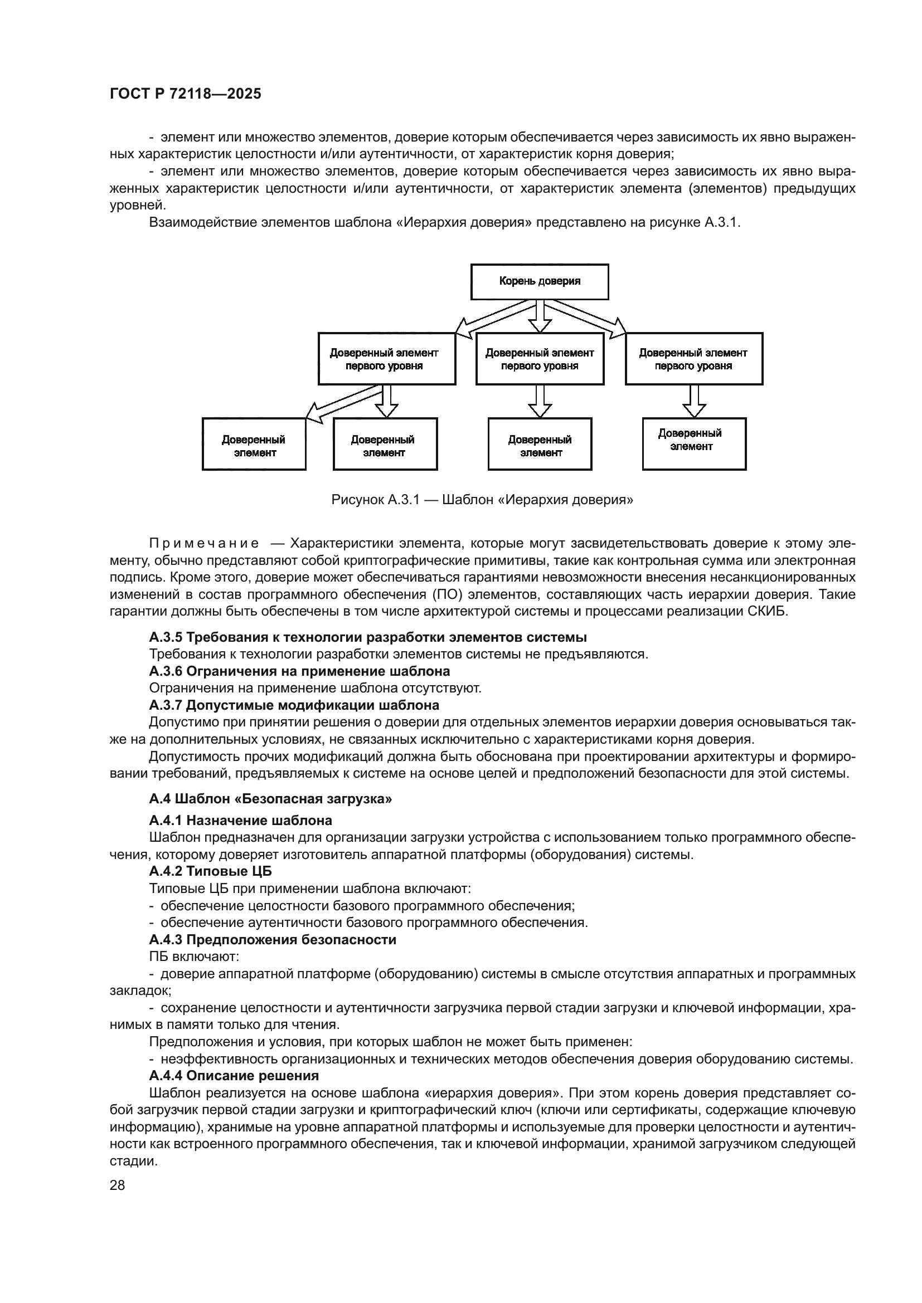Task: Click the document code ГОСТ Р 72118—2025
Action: click(x=185, y=94)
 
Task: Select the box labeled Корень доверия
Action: click(x=540, y=281)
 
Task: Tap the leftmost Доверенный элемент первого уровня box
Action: click(x=387, y=359)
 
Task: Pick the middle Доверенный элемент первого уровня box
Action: click(x=540, y=359)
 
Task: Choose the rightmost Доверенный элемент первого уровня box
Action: click(x=694, y=359)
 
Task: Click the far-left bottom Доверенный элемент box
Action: click(x=254, y=445)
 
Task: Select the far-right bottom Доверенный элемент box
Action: click(x=694, y=445)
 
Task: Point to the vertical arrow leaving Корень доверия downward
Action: click(x=540, y=316)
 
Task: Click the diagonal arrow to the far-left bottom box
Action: click(x=341, y=403)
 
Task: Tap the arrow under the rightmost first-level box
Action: click(x=694, y=401)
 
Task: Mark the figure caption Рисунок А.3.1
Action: click(x=482, y=500)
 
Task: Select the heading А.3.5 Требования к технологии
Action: click(x=368, y=637)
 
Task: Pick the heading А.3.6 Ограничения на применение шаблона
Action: click(x=299, y=671)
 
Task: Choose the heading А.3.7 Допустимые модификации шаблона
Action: click(x=294, y=705)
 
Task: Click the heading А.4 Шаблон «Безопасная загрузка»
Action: click(x=270, y=799)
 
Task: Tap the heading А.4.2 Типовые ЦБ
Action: click(x=211, y=871)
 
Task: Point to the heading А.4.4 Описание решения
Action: click(x=234, y=1075)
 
